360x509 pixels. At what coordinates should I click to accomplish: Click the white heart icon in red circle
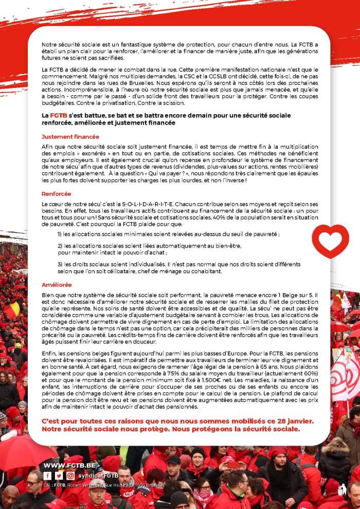point(330,241)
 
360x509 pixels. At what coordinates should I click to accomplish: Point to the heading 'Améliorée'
point(57,285)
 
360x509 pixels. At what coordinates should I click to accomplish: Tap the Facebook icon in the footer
point(47,476)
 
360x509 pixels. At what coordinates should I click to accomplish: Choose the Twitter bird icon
point(59,476)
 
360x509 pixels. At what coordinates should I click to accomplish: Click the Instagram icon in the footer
point(70,476)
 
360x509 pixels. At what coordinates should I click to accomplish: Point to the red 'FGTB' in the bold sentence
point(58,116)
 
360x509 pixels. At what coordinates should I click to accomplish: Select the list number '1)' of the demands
point(60,234)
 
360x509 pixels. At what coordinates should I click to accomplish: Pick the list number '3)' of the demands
point(60,264)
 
